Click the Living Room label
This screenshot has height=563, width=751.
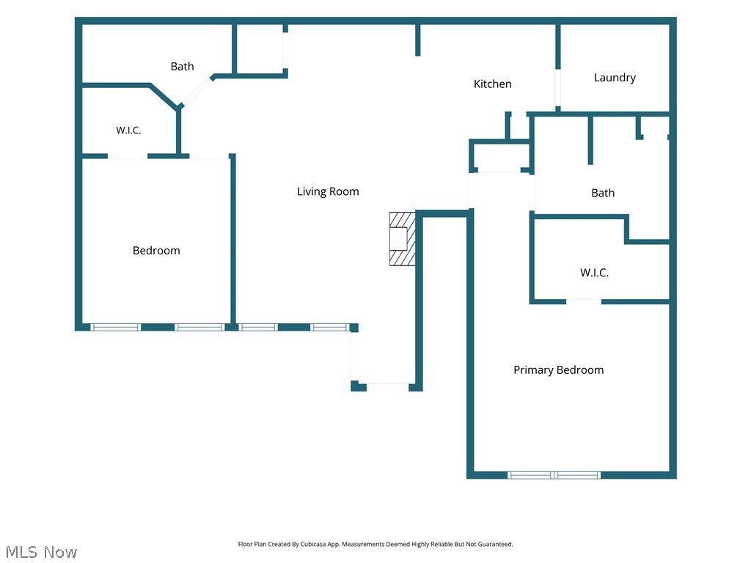(328, 191)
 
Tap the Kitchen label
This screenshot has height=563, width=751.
(492, 84)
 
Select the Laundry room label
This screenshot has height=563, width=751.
(615, 78)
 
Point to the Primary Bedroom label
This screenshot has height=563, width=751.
(558, 370)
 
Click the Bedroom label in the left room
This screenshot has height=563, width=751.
(156, 251)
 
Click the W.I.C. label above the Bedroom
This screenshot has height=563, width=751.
(128, 130)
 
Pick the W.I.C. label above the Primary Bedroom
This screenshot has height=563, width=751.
(594, 273)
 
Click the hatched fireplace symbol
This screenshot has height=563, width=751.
(403, 238)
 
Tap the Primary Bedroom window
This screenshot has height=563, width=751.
(554, 475)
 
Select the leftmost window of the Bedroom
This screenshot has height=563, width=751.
(115, 328)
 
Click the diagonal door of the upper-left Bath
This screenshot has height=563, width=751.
(197, 92)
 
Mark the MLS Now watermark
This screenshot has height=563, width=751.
(41, 552)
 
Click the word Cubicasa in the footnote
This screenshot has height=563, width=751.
(313, 545)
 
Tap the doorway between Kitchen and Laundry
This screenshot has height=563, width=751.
(558, 88)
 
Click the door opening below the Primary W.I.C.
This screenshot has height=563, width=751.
(584, 301)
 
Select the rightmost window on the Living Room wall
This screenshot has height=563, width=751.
(329, 328)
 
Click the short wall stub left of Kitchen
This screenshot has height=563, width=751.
(417, 40)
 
